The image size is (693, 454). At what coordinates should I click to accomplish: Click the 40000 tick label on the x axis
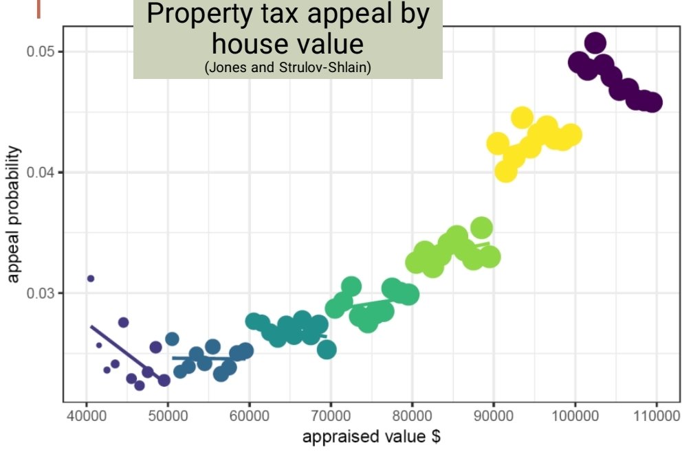click(x=86, y=416)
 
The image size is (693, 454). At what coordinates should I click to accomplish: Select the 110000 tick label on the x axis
click(x=657, y=416)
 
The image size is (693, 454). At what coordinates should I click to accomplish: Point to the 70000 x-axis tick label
click(x=331, y=416)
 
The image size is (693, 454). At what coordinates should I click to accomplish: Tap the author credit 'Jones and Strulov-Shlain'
click(x=288, y=69)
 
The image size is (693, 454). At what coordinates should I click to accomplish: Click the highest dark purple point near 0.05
click(x=595, y=43)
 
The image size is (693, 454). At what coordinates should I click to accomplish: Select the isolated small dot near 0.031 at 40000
click(x=91, y=278)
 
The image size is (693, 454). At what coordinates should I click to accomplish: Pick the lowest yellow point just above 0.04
click(x=505, y=171)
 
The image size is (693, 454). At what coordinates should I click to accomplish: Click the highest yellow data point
click(x=522, y=117)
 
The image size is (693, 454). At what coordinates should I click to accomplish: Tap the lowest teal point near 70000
click(x=327, y=350)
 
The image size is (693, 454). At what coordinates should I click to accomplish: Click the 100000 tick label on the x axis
click(x=575, y=416)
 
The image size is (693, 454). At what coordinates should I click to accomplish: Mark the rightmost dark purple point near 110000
click(x=653, y=102)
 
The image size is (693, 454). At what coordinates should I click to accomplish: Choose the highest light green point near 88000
click(x=482, y=227)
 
